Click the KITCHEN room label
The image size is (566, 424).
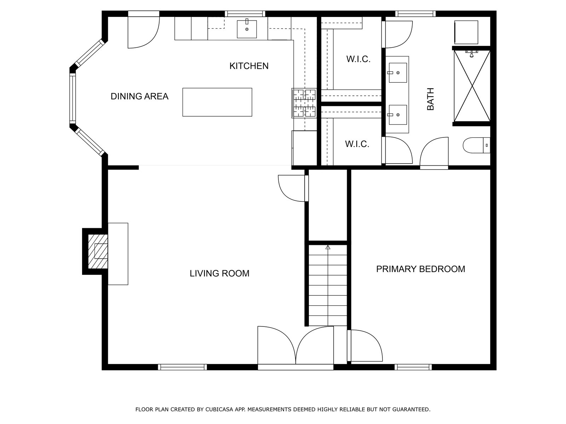pos(249,66)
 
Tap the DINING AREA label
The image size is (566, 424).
pos(139,96)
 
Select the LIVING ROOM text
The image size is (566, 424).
pos(219,273)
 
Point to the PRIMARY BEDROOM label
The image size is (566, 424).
pos(421,269)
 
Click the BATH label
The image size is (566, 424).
pos(431,99)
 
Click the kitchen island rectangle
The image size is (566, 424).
pos(217,102)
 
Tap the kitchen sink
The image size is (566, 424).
pos(247,29)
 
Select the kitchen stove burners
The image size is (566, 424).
pos(304,103)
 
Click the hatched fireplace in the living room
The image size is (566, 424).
pos(98,251)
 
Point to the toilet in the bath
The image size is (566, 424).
pos(476,146)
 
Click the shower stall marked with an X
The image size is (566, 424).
pos(472,86)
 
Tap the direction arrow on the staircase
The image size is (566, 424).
pos(328,247)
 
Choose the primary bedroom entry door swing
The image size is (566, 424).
pos(365,346)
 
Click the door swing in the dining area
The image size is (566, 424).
pos(144,33)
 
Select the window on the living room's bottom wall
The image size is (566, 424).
pos(182,367)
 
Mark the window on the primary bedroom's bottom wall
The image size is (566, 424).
pos(413,367)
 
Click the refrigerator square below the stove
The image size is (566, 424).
pos(305,148)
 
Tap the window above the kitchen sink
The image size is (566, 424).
pos(245,14)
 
